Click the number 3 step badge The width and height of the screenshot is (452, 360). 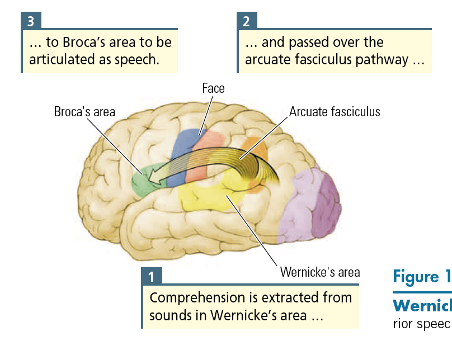click(x=31, y=22)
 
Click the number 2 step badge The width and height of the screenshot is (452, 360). click(x=247, y=22)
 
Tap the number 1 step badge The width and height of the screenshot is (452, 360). click(x=151, y=276)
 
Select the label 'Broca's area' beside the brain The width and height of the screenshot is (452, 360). click(x=84, y=112)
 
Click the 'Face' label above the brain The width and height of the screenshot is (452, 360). click(x=213, y=88)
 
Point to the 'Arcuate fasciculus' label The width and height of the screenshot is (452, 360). click(x=334, y=112)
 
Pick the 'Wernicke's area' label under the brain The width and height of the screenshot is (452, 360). click(x=319, y=273)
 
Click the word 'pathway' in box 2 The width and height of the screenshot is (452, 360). click(x=385, y=60)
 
